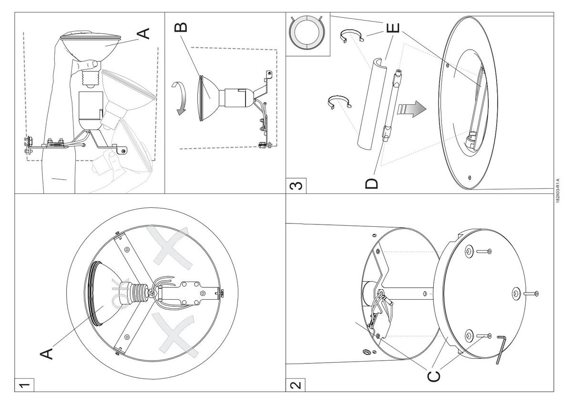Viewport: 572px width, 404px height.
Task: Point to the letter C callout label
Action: coord(433,375)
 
